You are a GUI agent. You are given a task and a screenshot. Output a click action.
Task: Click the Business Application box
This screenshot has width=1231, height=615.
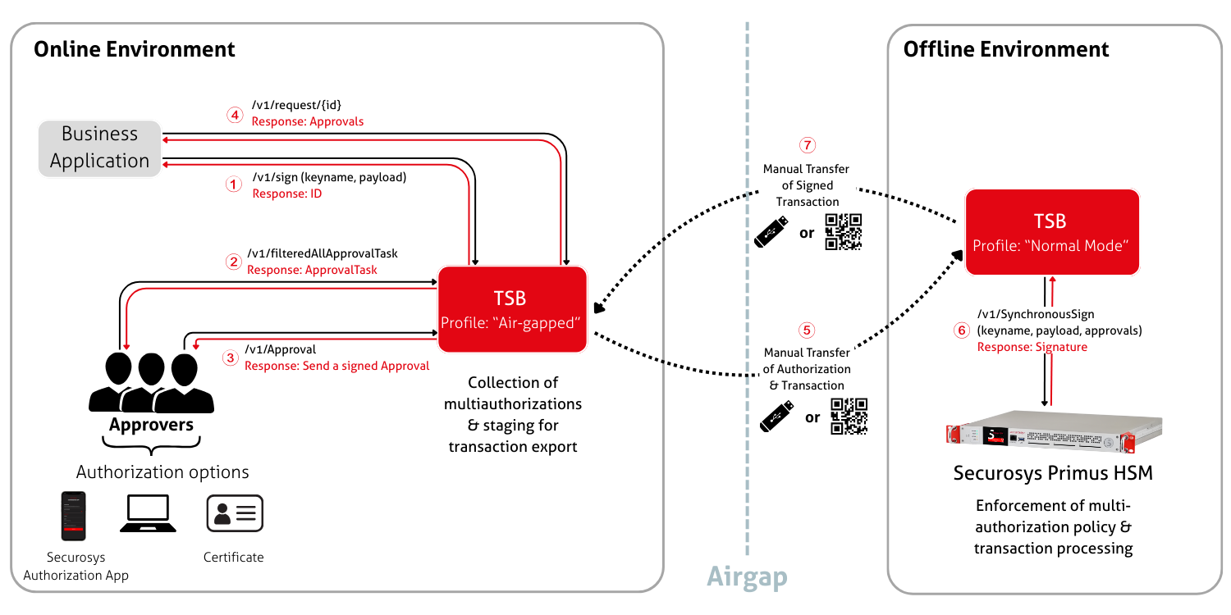(100, 148)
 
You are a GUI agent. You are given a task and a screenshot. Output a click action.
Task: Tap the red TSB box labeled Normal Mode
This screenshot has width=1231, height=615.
(1051, 232)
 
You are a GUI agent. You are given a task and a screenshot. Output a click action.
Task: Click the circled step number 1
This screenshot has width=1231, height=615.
(234, 184)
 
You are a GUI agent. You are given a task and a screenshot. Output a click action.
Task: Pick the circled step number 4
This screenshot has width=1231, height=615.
(235, 116)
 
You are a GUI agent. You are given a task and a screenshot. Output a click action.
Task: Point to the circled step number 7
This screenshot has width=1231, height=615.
(808, 146)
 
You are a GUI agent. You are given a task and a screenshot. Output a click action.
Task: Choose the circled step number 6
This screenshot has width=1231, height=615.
(961, 330)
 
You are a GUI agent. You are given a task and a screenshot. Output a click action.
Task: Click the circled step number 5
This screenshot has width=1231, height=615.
(808, 330)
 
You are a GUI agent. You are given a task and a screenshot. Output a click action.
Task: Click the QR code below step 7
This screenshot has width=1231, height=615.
(843, 231)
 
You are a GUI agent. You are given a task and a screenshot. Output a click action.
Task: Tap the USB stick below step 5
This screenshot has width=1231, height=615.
(776, 417)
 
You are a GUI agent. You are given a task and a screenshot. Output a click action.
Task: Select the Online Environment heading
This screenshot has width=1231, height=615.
(135, 49)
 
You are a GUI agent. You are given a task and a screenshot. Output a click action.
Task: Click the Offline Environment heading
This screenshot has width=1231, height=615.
(1006, 49)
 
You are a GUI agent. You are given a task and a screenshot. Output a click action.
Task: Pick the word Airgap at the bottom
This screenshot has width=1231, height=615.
(747, 576)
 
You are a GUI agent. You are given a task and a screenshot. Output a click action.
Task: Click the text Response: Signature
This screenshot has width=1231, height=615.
(1032, 347)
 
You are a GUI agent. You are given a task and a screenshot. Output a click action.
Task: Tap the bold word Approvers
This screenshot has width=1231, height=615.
(152, 425)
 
